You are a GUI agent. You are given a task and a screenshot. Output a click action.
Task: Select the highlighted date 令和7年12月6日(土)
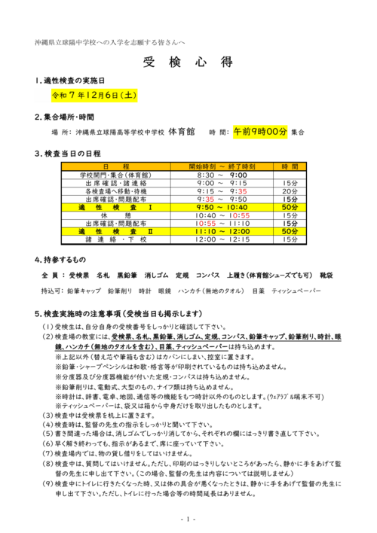(x=93, y=96)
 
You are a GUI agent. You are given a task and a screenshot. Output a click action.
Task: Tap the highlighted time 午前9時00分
(x=259, y=131)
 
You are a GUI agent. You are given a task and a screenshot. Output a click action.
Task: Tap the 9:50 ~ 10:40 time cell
(x=222, y=207)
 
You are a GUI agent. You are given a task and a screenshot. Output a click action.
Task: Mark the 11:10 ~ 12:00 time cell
(x=222, y=232)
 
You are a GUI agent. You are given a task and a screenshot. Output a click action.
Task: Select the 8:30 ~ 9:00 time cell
(x=222, y=174)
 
